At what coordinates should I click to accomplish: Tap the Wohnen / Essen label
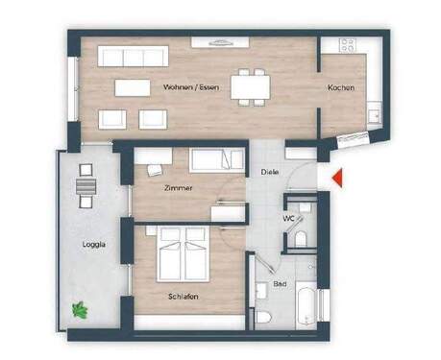point(189,87)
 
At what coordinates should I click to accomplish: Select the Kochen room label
point(340,87)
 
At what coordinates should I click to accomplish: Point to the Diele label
point(270,173)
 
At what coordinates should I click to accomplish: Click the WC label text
point(288,218)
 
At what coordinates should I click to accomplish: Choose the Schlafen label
point(182,297)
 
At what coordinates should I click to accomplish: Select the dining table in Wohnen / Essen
point(249,87)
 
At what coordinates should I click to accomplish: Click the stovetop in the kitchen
point(346,45)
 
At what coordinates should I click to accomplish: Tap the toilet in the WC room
point(300,237)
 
